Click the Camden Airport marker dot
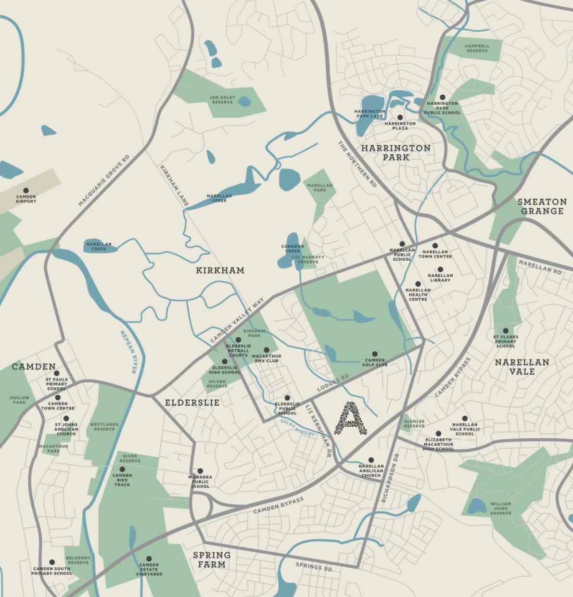pyautogui.click(x=26, y=191)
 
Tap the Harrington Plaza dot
pyautogui.click(x=400, y=117)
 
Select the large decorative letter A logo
pyautogui.click(x=350, y=418)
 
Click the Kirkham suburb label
pyautogui.click(x=220, y=270)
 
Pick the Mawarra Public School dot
pyautogui.click(x=200, y=471)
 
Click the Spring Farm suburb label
pyautogui.click(x=212, y=559)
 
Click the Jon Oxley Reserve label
pyautogui.click(x=222, y=100)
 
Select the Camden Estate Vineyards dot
pyautogui.click(x=149, y=558)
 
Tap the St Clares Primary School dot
pyautogui.click(x=505, y=331)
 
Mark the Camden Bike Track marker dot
pyautogui.click(x=122, y=469)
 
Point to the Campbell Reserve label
pyautogui.click(x=477, y=48)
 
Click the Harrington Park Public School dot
pyautogui.click(x=442, y=97)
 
